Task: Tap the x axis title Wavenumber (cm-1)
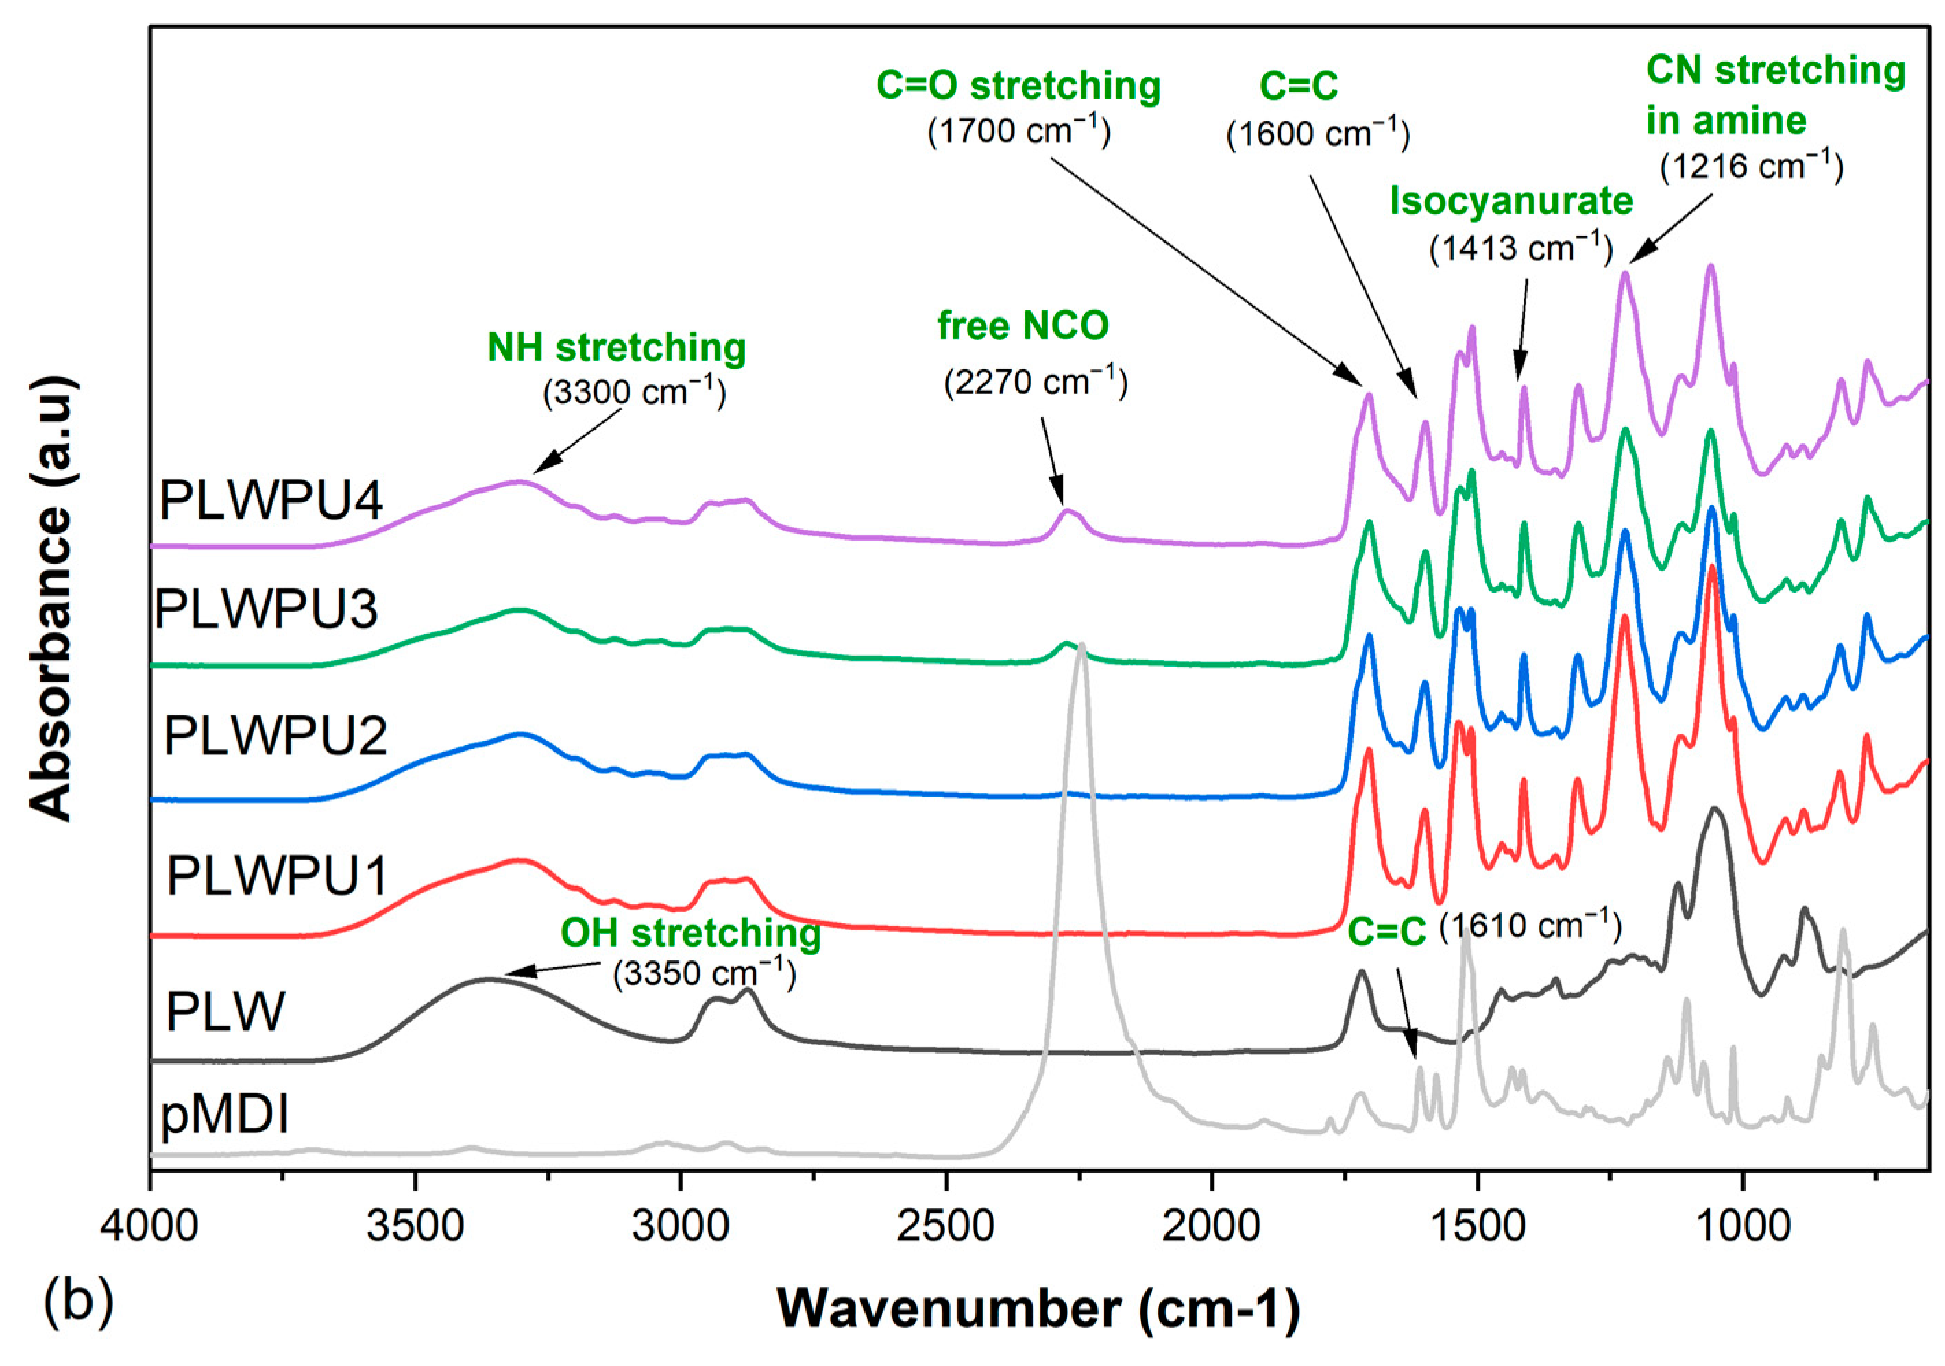coord(1038,1308)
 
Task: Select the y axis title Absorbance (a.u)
coord(51,599)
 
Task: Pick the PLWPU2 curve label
coord(276,734)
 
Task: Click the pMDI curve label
coord(225,1114)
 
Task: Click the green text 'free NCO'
coord(1023,326)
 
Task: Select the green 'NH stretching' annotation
coord(616,347)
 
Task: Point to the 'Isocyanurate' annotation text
coord(1511,201)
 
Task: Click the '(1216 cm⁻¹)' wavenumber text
coord(1751,166)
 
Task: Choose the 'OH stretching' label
coord(690,932)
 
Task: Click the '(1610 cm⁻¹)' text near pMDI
coord(1531,926)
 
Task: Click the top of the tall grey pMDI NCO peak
coord(1081,645)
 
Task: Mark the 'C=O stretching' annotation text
coord(1018,86)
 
